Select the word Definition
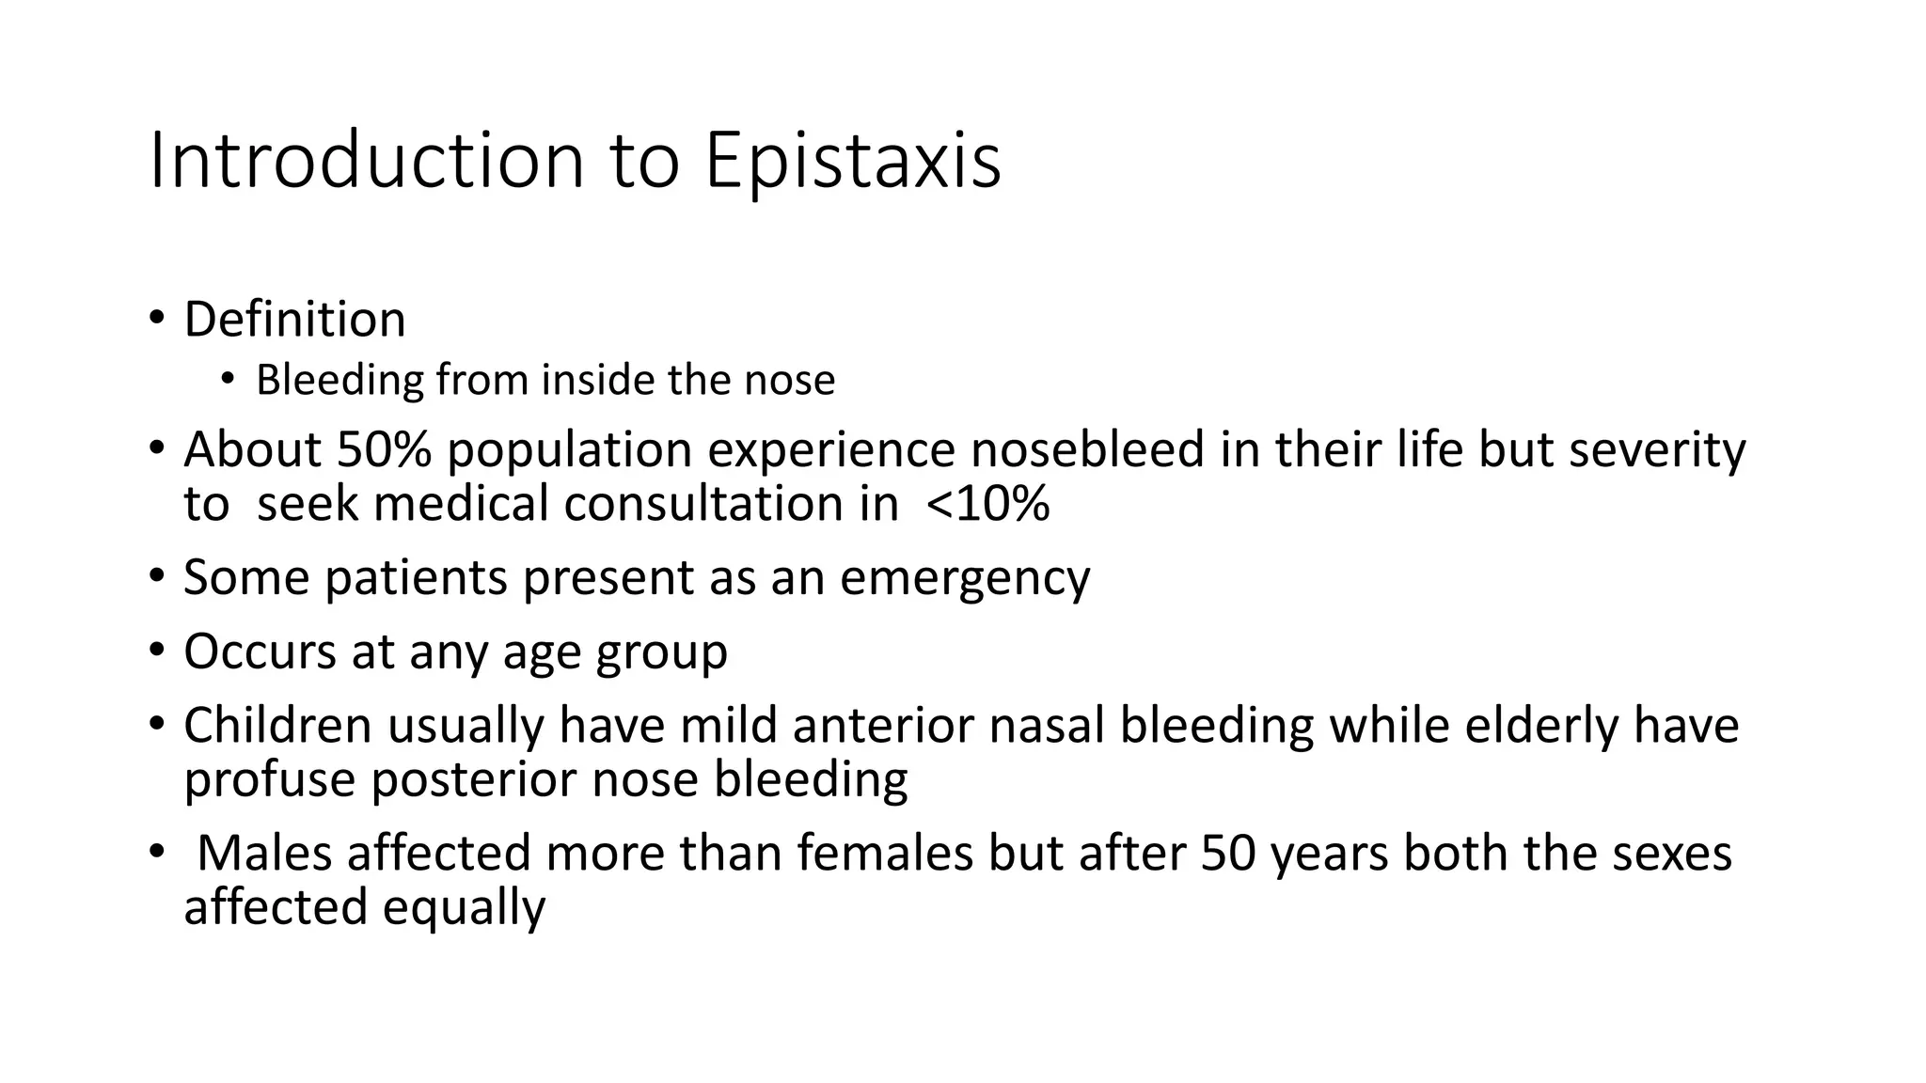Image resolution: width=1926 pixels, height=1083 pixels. pos(294,320)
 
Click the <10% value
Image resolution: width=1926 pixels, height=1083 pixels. pos(987,504)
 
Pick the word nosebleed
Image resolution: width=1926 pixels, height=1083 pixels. pos(1087,449)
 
